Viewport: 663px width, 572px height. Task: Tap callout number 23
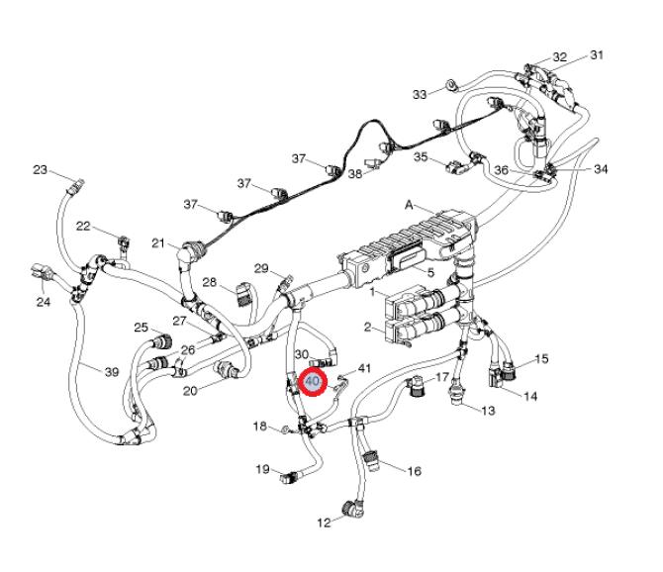click(41, 170)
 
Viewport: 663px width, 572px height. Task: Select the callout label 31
click(597, 54)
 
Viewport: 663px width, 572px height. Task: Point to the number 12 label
click(324, 523)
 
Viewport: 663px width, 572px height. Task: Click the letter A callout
click(409, 206)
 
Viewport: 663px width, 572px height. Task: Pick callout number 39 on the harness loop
click(111, 371)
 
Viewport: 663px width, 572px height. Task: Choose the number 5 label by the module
click(430, 271)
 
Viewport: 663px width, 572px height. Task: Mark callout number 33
click(420, 94)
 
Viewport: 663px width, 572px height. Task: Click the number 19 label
click(263, 469)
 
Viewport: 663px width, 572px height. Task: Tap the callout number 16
click(414, 472)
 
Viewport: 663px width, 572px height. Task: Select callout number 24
click(43, 301)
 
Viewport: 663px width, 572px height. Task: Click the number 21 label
click(158, 243)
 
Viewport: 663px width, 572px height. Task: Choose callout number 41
click(364, 368)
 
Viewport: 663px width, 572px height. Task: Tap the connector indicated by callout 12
click(352, 509)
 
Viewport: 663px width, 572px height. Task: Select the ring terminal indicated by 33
click(449, 87)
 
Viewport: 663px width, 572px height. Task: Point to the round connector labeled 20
click(229, 372)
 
